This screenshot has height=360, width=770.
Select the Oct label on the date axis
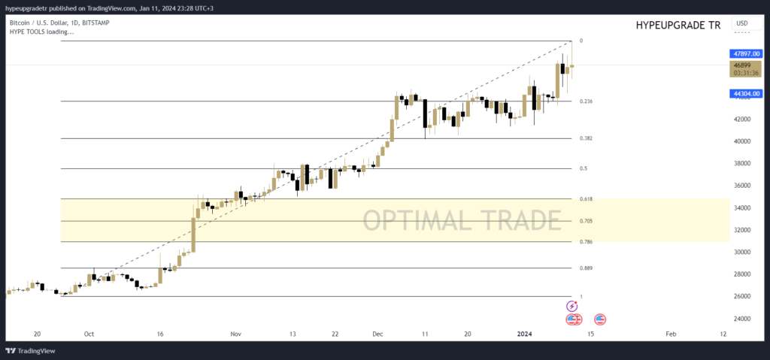tap(89, 333)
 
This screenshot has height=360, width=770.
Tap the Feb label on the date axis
tap(671, 333)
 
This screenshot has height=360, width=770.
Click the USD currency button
tap(742, 24)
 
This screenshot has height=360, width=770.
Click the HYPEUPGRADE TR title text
tap(678, 26)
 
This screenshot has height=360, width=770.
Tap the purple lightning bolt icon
tap(571, 306)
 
